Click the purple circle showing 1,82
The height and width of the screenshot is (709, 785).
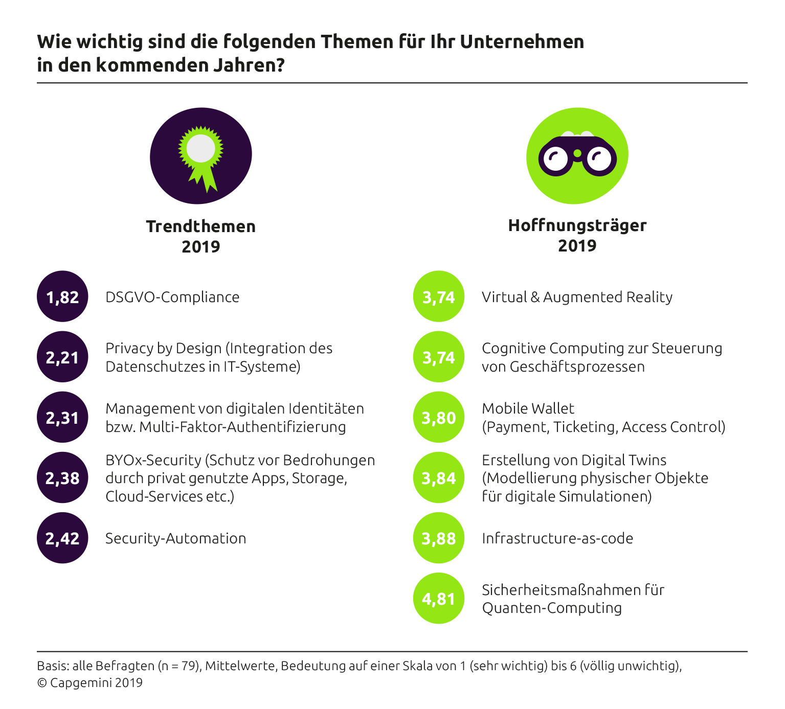click(x=62, y=296)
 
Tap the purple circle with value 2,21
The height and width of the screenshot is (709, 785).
click(x=62, y=357)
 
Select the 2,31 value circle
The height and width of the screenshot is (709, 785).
click(x=62, y=417)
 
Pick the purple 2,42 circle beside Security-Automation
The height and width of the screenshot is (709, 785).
click(x=62, y=538)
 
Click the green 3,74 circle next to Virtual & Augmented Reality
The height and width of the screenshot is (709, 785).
click(x=439, y=296)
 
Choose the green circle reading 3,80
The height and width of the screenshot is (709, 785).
click(x=439, y=417)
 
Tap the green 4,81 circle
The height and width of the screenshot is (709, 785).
click(x=439, y=598)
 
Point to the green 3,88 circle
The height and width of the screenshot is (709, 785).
click(x=439, y=538)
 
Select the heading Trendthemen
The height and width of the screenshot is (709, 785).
click(x=200, y=226)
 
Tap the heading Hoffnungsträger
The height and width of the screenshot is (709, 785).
click(x=577, y=225)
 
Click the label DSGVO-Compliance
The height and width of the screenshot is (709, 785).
click(x=172, y=297)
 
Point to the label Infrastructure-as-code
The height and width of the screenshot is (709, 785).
click(x=557, y=538)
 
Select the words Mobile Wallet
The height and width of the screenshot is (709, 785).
click(x=528, y=408)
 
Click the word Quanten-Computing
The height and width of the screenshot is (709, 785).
click(x=552, y=608)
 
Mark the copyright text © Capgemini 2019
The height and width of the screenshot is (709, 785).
click(x=90, y=683)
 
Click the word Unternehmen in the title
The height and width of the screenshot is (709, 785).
click(x=522, y=41)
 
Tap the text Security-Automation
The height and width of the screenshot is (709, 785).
click(x=175, y=538)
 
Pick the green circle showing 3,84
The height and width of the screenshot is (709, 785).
click(x=439, y=477)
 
